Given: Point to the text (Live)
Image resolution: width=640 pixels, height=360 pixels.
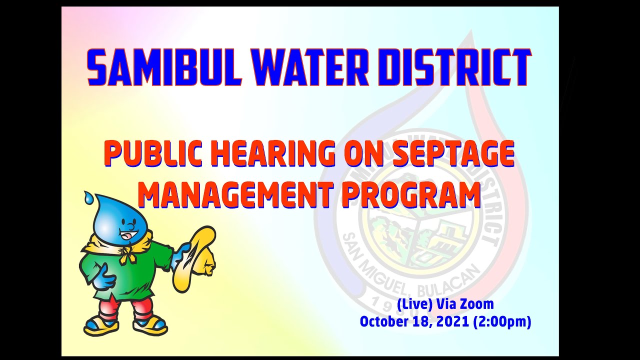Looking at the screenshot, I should pyautogui.click(x=414, y=304).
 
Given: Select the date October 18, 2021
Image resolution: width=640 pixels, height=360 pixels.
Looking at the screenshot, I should pyautogui.click(x=414, y=322).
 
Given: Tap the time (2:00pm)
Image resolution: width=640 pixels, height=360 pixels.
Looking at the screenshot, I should pyautogui.click(x=501, y=322).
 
